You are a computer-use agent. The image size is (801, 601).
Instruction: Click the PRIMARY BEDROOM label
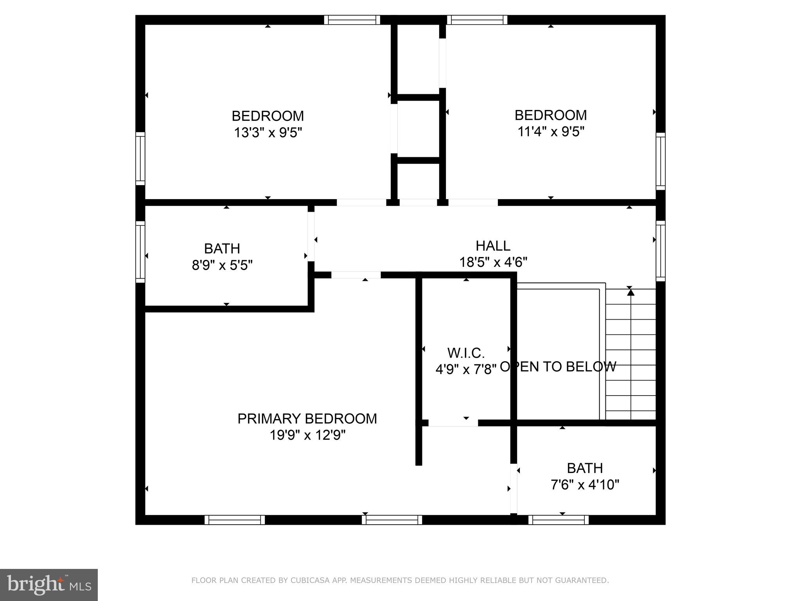[x=307, y=419]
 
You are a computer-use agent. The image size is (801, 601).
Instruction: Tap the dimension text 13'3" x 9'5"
[x=268, y=133]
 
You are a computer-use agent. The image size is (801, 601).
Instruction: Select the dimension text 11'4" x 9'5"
[x=551, y=132]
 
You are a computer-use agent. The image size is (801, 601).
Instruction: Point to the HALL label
[x=493, y=246]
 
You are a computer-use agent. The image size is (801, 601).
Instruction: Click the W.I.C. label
[x=466, y=353]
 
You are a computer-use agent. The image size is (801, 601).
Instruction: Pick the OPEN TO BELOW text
[x=558, y=367]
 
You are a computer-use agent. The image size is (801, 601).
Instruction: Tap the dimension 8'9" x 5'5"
[x=222, y=266]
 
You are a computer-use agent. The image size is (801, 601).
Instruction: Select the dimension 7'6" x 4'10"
[x=585, y=485]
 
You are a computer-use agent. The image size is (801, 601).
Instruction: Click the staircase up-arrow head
[x=630, y=292]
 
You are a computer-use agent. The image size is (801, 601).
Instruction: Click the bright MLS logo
[x=49, y=585]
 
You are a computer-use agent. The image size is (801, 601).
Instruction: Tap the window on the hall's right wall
[x=660, y=250]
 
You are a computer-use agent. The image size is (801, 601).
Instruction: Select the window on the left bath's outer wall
[x=140, y=252]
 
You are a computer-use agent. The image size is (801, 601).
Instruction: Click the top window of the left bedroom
[x=352, y=20]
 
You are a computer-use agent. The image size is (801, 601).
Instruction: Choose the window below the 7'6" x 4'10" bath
[x=558, y=520]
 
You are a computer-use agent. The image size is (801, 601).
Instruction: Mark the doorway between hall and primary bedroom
[x=356, y=275]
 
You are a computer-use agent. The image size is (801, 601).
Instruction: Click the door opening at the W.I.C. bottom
[x=453, y=423]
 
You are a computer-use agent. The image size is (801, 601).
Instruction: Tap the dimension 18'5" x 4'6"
[x=493, y=262]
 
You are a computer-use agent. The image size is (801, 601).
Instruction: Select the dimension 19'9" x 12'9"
[x=307, y=435]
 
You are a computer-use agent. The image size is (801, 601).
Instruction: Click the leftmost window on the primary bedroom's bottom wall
[x=235, y=520]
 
